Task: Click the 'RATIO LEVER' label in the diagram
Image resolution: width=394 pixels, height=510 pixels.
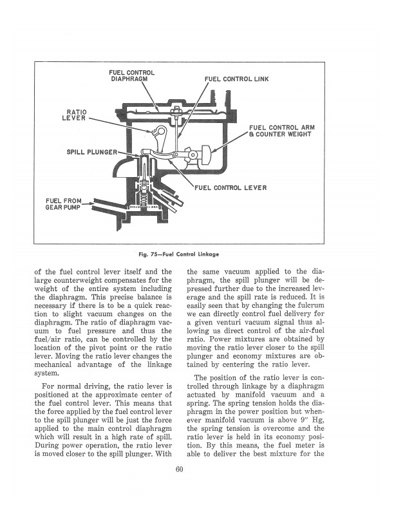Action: (x=74, y=115)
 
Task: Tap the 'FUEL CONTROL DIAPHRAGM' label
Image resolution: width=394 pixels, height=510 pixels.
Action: (x=132, y=76)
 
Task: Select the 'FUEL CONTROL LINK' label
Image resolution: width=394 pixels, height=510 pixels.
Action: (x=237, y=79)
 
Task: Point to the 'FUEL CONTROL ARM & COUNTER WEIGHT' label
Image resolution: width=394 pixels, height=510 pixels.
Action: (x=281, y=131)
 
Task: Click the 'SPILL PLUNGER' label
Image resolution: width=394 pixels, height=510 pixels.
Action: (x=91, y=152)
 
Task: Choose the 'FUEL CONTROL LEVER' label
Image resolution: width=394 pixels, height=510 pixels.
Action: (x=230, y=187)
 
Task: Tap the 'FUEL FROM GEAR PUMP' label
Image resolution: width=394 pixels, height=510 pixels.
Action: (x=63, y=204)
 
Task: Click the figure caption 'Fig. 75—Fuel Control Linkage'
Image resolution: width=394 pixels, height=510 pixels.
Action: (x=179, y=254)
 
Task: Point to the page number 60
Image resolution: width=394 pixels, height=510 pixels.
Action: (x=179, y=469)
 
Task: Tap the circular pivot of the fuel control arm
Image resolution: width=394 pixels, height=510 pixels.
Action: (x=192, y=155)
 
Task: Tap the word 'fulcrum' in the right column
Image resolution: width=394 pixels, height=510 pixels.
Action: (x=312, y=305)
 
